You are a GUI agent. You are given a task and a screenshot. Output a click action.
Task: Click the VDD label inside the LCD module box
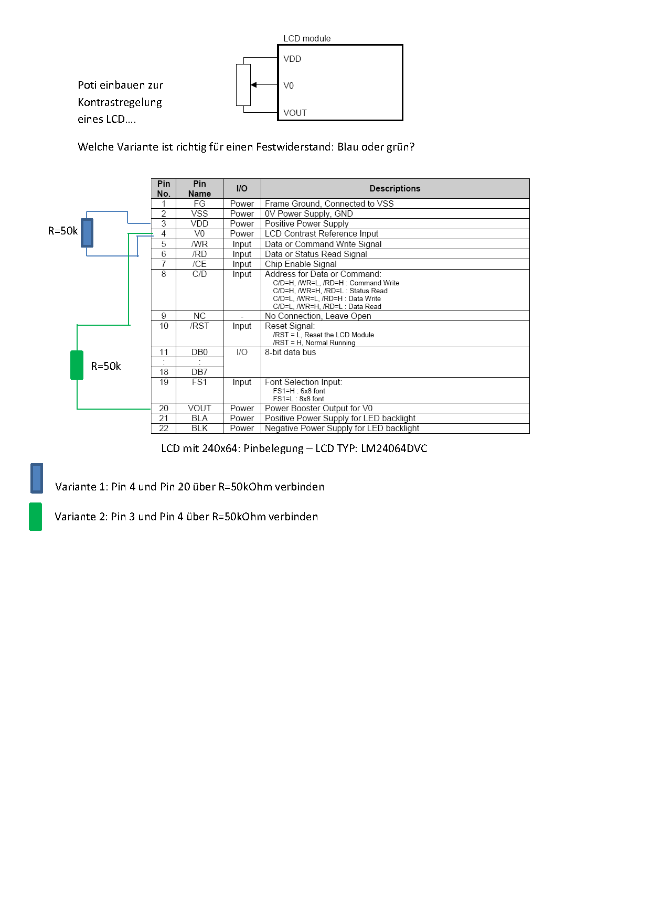coord(292,59)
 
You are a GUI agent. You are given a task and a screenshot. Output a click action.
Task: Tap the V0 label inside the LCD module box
coord(289,85)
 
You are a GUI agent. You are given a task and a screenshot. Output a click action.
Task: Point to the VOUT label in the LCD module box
coord(295,113)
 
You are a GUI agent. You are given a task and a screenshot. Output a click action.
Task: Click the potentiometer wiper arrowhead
coord(254,85)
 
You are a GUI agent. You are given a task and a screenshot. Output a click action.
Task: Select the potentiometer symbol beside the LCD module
coord(243,85)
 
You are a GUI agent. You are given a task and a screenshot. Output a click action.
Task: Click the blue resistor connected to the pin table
coord(87,232)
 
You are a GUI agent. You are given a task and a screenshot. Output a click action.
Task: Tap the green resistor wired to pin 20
coord(77,365)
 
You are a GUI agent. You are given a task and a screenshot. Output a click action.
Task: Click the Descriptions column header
coord(395,189)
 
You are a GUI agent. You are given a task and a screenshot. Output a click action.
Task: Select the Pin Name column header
coord(199,189)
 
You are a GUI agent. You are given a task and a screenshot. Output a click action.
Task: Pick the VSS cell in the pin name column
coord(199,214)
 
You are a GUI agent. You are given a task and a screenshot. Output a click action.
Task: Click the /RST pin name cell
coord(199,326)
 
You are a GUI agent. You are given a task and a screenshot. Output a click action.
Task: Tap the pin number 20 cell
coord(164,409)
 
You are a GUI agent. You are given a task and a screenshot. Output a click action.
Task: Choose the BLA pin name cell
coord(199,419)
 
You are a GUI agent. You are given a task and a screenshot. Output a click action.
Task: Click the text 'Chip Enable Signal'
coord(301,264)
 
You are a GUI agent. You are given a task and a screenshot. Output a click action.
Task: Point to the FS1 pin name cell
coord(199,382)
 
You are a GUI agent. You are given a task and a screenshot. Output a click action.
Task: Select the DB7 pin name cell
coord(199,372)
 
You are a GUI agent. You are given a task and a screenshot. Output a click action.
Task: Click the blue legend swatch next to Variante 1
coord(37,478)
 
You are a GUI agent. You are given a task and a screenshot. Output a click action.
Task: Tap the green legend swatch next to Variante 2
coord(36,517)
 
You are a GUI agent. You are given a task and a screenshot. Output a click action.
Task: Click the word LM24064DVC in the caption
coord(394,448)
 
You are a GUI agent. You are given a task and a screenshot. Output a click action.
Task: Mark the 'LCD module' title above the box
coord(307,39)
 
